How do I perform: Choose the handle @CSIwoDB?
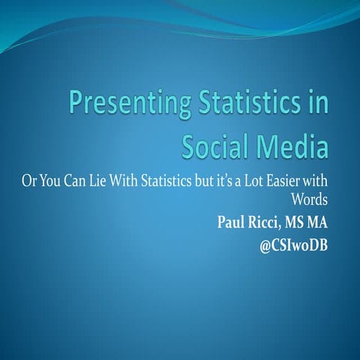295,243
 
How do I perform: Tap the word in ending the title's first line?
319,103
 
